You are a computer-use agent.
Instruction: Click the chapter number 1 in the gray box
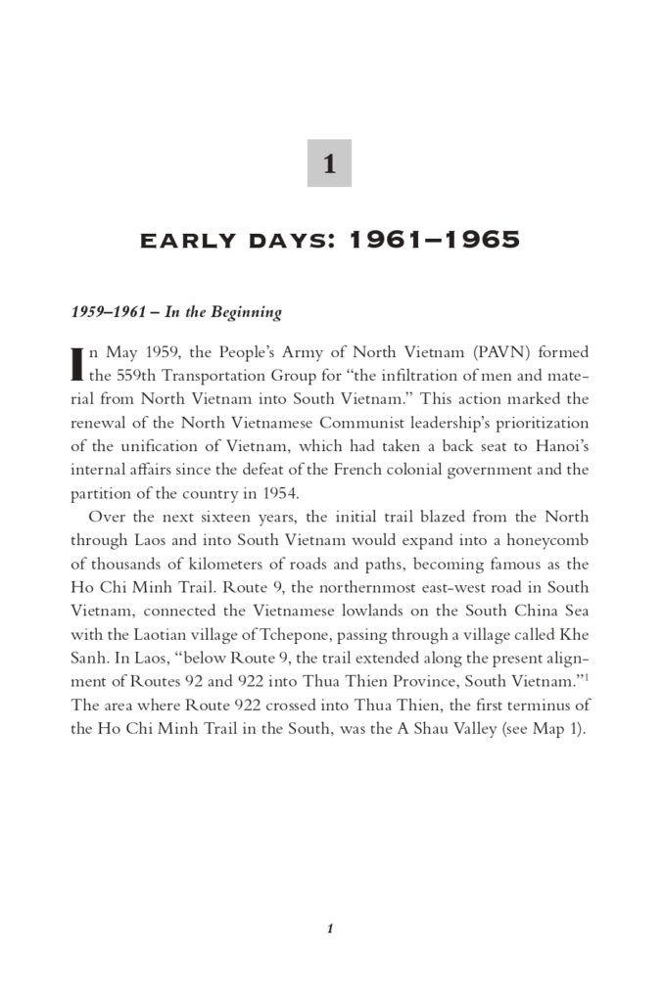point(329,164)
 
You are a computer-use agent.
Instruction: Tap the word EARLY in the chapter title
point(183,240)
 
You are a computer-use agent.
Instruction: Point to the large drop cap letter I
point(77,362)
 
